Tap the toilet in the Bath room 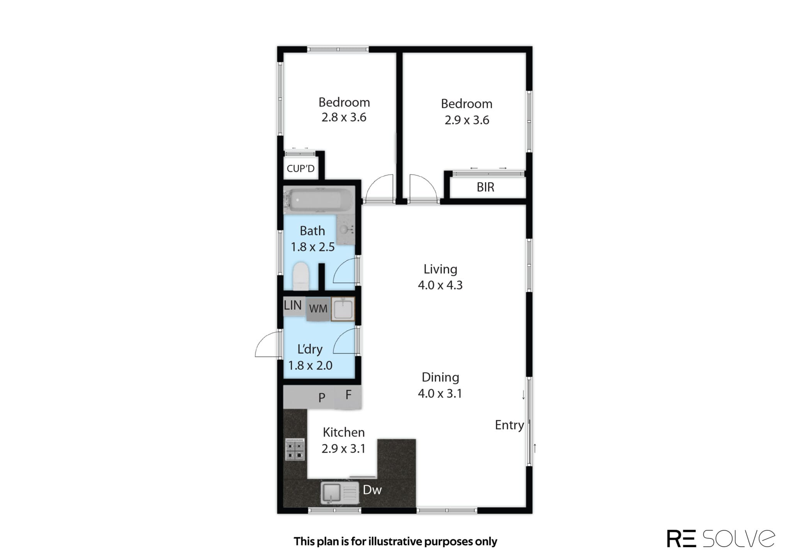click(301, 276)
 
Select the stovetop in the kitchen click(295, 450)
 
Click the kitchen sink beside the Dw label click(340, 492)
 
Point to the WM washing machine click(318, 309)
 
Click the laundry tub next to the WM click(343, 309)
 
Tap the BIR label click(485, 187)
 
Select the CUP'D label click(300, 168)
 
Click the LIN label click(293, 305)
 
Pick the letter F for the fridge click(348, 395)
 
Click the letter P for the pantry click(322, 398)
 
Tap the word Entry click(509, 425)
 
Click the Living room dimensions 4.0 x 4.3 click(440, 285)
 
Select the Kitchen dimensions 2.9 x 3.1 click(343, 448)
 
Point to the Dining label click(440, 377)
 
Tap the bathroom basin click(345, 230)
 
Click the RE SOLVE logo click(721, 538)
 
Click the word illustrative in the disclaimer click(395, 541)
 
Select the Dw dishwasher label click(372, 490)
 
